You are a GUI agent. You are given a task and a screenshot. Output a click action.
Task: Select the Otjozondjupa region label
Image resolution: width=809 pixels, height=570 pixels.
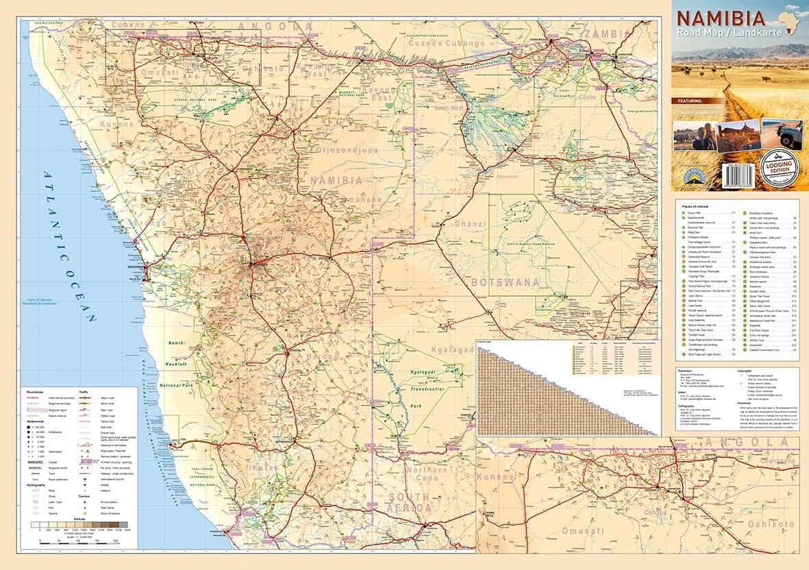pyautogui.click(x=347, y=149)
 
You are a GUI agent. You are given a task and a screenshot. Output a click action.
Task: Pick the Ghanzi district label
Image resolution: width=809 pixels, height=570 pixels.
pyautogui.click(x=469, y=224)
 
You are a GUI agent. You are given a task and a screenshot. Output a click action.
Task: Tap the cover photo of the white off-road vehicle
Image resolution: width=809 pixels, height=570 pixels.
pyautogui.click(x=782, y=134)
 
